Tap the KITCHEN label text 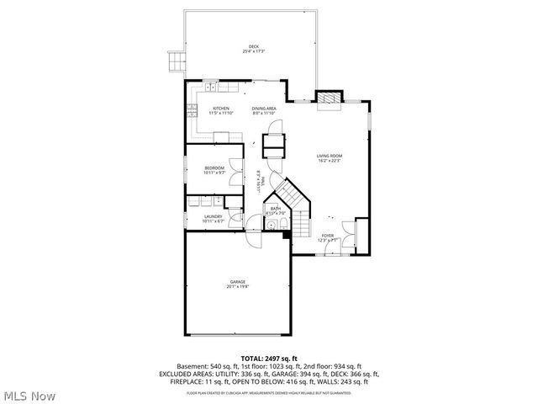tap(220, 108)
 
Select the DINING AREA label tap(264, 108)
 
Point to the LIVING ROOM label tap(329, 156)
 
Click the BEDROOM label tap(214, 168)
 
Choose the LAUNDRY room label tap(213, 216)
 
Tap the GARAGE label tap(237, 281)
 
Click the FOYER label tap(327, 236)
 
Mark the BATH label tap(275, 209)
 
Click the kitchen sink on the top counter tap(209, 88)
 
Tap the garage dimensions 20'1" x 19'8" tap(237, 287)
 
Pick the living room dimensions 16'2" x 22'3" tap(329, 161)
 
